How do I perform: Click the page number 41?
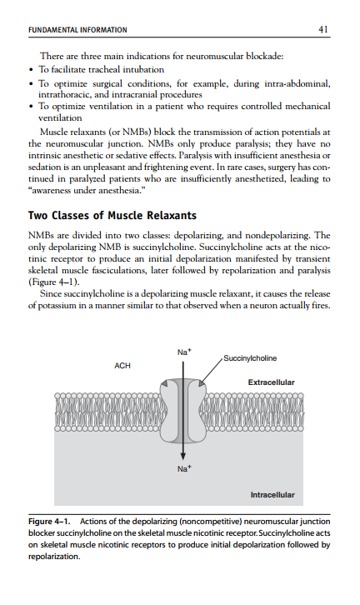323,29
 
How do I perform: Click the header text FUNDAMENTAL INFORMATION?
77,30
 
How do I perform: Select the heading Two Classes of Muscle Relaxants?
112,215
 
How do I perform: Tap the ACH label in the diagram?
122,365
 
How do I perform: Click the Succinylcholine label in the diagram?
250,358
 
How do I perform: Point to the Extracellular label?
272,382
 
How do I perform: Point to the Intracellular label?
272,495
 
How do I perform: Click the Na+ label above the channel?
184,352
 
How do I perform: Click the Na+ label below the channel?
184,468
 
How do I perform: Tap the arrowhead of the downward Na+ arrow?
182,456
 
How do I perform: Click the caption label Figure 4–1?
49,522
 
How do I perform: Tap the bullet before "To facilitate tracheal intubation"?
32,70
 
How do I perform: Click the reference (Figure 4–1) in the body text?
54,282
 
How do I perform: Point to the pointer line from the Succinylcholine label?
211,371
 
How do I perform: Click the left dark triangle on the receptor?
164,383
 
